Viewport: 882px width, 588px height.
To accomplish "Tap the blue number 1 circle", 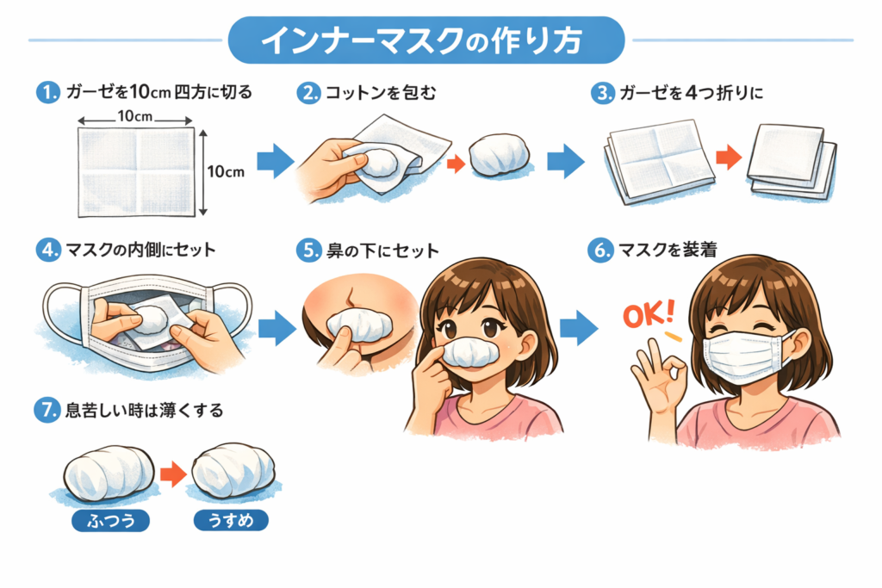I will click(x=46, y=92).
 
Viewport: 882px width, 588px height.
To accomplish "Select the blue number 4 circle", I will click(x=46, y=251).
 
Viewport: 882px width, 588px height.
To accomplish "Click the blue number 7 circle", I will click(x=46, y=411).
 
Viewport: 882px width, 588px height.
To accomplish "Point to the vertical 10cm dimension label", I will click(x=227, y=171).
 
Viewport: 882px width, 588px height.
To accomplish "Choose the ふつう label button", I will click(x=111, y=521).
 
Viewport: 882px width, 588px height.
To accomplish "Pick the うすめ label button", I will click(x=232, y=521).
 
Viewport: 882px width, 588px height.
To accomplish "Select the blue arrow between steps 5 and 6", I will click(x=578, y=327).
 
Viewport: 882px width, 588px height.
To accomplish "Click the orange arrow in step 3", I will click(x=729, y=157).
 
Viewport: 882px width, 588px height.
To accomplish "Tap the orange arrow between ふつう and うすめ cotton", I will click(x=174, y=473).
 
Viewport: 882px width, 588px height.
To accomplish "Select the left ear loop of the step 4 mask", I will click(x=56, y=310).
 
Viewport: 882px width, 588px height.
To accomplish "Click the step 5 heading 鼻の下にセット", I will click(x=379, y=251).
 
